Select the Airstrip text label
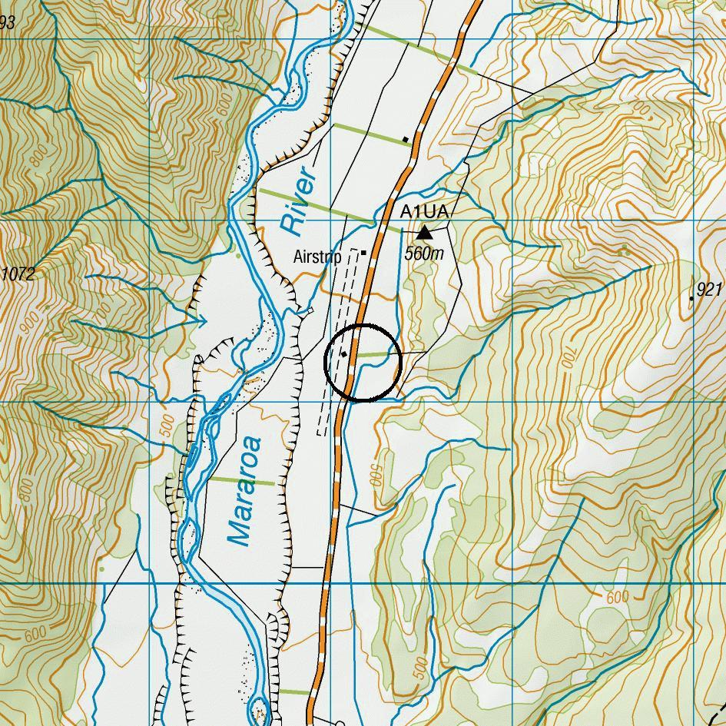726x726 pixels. coord(317,257)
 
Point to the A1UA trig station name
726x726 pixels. coord(423,211)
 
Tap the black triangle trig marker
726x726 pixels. coord(424,231)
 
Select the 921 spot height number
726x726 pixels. coord(710,289)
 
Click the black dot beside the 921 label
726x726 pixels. coord(692,298)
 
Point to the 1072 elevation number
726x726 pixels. coord(18,274)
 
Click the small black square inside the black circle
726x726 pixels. coord(344,354)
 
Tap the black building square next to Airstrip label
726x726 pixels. coord(363,252)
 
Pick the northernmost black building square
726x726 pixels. coord(406,139)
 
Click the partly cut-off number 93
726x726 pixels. coord(7,23)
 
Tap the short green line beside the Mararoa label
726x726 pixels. coord(243,481)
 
